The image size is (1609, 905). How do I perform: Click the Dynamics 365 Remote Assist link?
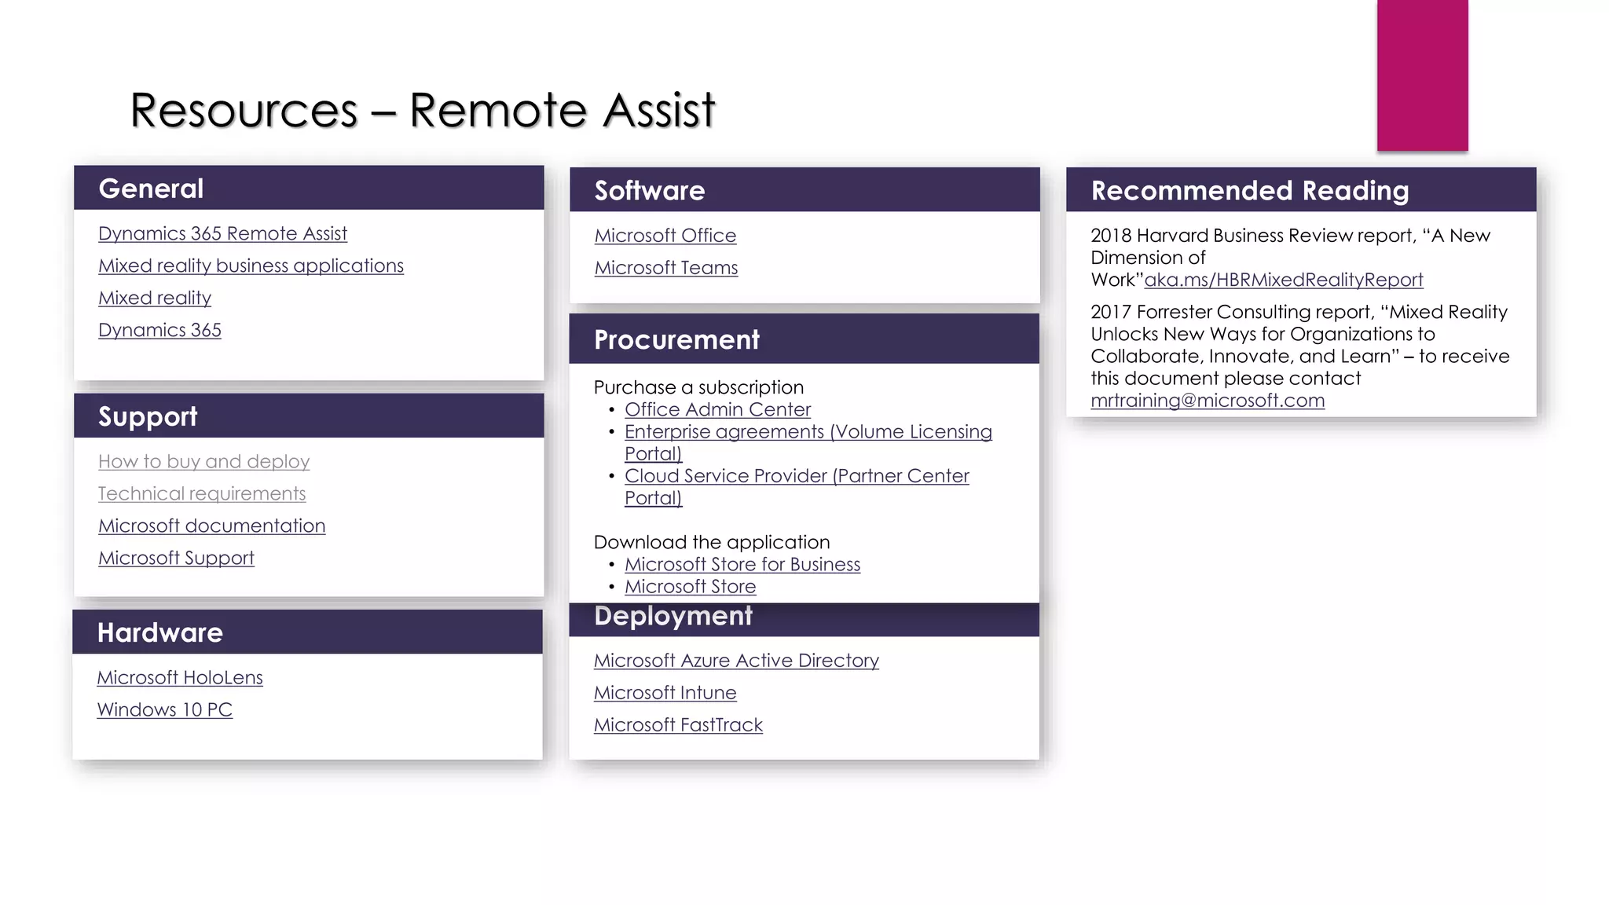tap(222, 234)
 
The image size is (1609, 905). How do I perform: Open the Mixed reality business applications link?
tap(251, 266)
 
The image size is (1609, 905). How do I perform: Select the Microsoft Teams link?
tap(665, 268)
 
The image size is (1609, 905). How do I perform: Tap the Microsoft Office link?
tap(665, 236)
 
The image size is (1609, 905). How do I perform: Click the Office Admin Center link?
tap(717, 410)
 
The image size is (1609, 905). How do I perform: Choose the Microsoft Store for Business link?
tap(742, 565)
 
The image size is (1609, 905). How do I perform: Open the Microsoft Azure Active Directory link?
tap(735, 661)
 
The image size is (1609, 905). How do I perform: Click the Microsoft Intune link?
tap(665, 693)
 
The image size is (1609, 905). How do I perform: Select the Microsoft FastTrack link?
tap(677, 725)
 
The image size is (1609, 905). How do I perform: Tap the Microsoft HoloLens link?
tap(179, 678)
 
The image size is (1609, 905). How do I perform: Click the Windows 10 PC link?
tap(164, 710)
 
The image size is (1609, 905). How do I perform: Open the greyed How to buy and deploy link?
tap(203, 462)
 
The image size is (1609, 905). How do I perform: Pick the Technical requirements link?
tap(202, 494)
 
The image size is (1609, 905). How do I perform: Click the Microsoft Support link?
tap(176, 559)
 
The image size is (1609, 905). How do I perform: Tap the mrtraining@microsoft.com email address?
tap(1207, 401)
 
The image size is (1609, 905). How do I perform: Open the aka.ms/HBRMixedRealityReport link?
tap(1283, 280)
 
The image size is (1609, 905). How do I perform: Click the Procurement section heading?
tap(676, 340)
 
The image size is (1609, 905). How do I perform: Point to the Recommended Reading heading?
tap(1249, 191)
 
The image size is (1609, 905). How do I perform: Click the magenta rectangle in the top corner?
tap(1422, 75)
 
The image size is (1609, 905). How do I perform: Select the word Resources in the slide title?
tap(244, 110)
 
